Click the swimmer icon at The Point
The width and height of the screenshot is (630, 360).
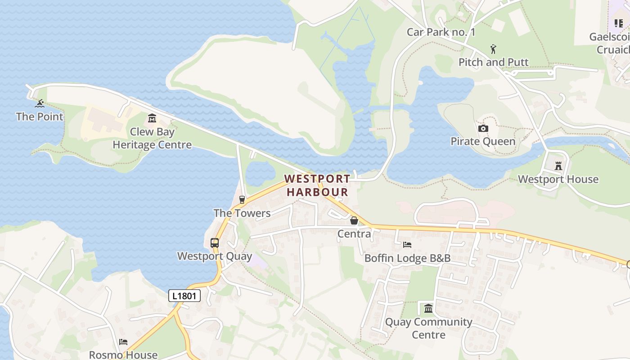click(40, 103)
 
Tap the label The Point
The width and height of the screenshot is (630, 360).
click(40, 117)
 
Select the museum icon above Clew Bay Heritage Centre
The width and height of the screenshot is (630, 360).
click(152, 119)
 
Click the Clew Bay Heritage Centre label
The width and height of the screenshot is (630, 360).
click(152, 138)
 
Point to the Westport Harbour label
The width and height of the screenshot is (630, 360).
click(317, 185)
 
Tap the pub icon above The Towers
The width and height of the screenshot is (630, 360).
click(242, 200)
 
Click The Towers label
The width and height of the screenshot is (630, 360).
click(242, 213)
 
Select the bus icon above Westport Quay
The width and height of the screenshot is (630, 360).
click(215, 243)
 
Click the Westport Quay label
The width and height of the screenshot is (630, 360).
click(215, 256)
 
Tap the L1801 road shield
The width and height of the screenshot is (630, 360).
click(184, 296)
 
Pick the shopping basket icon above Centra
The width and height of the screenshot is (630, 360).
click(354, 220)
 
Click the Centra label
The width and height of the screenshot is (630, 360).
click(354, 234)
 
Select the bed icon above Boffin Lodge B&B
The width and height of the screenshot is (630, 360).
click(407, 245)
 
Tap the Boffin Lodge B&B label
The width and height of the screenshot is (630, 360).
click(407, 258)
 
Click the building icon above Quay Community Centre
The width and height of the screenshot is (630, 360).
click(428, 309)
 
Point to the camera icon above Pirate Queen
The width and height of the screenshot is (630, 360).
click(483, 129)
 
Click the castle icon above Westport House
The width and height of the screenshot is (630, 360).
click(558, 166)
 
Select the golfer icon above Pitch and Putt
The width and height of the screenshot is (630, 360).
click(494, 49)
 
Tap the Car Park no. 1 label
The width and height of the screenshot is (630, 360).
click(441, 32)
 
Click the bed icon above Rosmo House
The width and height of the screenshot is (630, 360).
click(123, 342)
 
